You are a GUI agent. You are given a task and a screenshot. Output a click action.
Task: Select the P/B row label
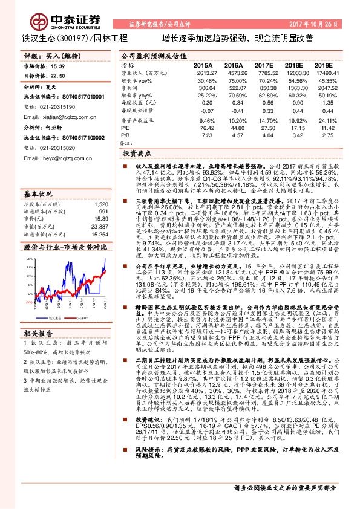tap(126, 135)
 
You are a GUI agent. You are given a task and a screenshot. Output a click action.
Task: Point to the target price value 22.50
tap(57, 76)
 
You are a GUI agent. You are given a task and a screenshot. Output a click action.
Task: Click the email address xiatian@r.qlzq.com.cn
tap(59, 117)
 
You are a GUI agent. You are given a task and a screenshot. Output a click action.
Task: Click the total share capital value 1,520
tap(102, 204)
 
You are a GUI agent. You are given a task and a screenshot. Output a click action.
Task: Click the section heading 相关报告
tap(39, 333)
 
